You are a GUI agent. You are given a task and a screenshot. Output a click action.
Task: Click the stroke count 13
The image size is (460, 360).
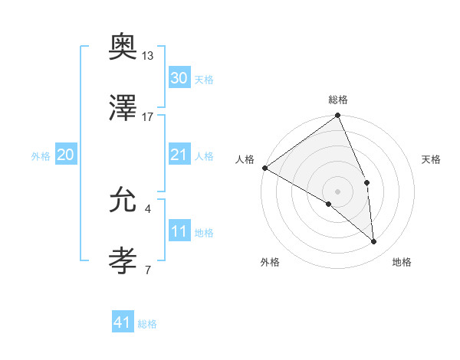[148, 57]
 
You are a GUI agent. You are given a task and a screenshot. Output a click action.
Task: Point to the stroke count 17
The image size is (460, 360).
[148, 116]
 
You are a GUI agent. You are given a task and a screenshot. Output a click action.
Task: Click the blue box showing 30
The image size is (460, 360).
[179, 78]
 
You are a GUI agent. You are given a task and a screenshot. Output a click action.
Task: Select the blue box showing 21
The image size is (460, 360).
[179, 155]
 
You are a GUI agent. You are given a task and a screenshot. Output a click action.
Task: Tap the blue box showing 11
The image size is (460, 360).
[179, 231]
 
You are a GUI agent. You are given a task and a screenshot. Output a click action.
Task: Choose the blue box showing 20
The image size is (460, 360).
[65, 155]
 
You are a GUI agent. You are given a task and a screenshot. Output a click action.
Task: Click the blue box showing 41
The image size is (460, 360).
[123, 323]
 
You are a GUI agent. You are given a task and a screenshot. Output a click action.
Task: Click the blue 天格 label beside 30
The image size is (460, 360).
[204, 79]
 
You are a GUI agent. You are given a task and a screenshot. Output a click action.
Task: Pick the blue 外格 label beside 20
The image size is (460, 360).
[41, 155]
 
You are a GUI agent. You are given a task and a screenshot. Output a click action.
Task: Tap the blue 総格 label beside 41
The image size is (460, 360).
[147, 324]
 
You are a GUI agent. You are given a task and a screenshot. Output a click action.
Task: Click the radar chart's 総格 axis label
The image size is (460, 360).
[338, 100]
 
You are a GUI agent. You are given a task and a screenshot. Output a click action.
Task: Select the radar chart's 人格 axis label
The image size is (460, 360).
[245, 159]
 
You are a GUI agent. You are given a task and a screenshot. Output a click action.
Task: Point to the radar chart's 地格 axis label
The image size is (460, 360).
[402, 262]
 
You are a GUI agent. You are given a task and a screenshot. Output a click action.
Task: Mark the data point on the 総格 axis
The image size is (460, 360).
[338, 116]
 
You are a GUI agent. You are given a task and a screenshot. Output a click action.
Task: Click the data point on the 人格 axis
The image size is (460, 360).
[264, 168]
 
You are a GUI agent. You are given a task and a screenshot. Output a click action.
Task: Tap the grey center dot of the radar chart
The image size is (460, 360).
[338, 191]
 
